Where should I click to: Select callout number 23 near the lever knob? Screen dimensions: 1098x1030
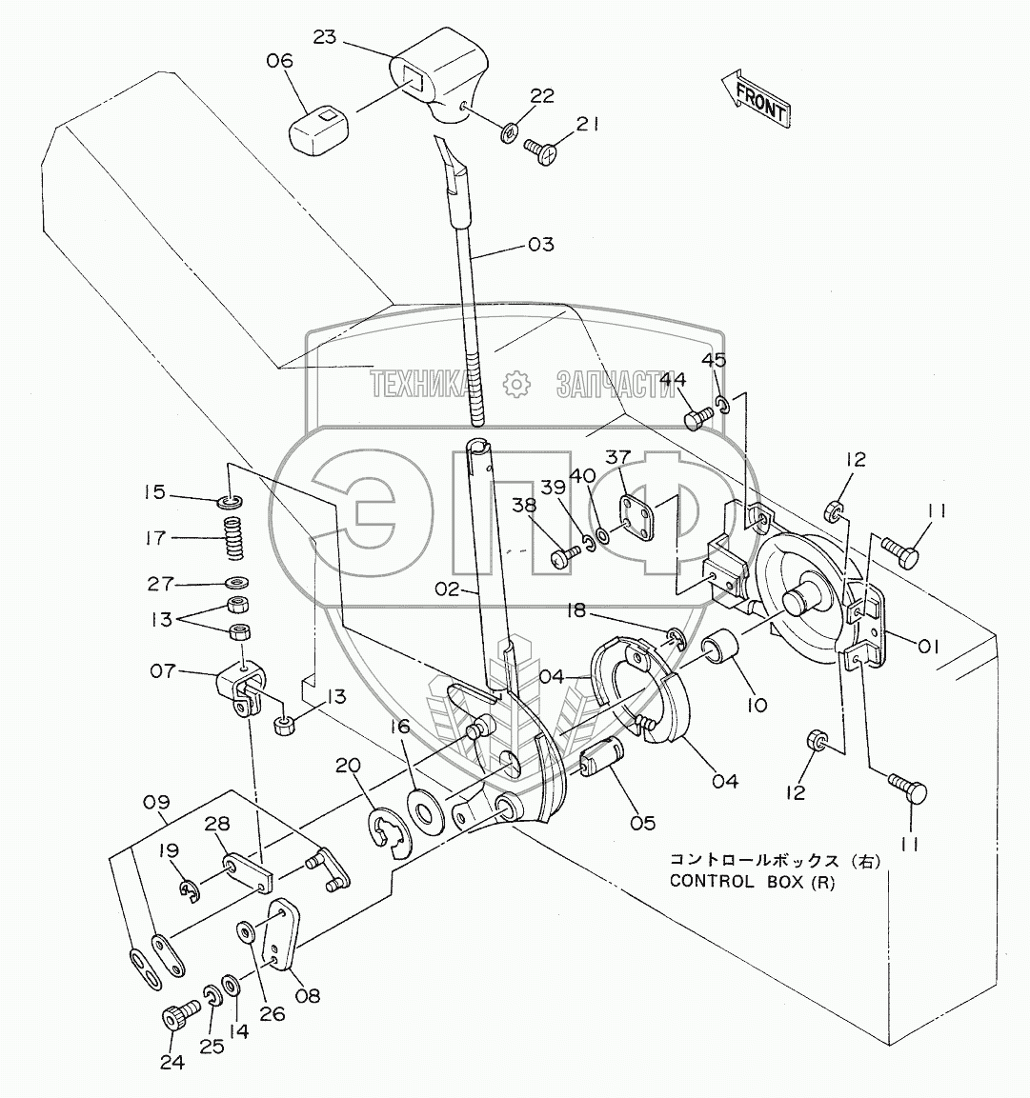pos(325,37)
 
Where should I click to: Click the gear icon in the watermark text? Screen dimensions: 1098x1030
pos(515,384)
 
